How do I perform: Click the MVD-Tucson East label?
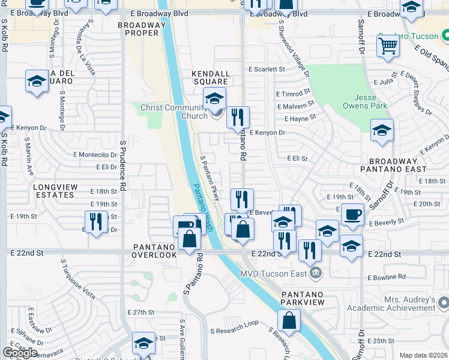coord(278,274)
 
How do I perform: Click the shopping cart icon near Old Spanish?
coord(388,45)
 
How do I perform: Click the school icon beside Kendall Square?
coord(214,98)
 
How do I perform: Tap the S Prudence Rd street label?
coord(122,166)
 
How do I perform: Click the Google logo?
coord(20,353)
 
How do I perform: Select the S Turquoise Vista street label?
coord(77,278)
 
